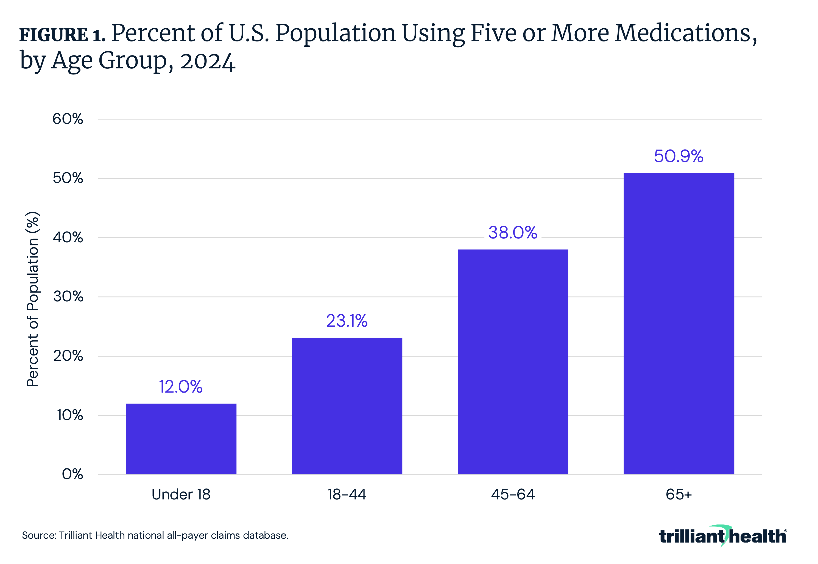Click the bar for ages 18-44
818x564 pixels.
coord(347,406)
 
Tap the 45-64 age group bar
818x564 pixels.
coord(513,362)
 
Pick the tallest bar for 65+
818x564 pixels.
coord(679,323)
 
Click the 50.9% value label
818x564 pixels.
coord(679,156)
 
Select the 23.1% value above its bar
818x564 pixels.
coord(347,321)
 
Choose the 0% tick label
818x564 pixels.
coord(72,474)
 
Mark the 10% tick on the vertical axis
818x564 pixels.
coord(70,415)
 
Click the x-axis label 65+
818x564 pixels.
coord(679,494)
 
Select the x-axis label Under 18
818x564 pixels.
coord(181,494)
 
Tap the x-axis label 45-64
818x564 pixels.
coord(513,494)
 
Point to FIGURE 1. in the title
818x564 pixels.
coord(62,35)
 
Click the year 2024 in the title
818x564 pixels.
coord(207,62)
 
